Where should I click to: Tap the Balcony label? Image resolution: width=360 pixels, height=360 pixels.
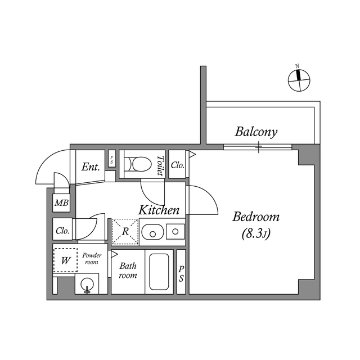pos(256,132)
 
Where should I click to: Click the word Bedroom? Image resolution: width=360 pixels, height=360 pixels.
pos(256,217)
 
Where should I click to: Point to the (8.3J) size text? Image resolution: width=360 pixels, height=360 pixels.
pos(256,233)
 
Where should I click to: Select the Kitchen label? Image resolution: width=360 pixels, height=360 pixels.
pos(159,210)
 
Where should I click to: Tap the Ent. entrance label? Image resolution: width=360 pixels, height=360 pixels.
pos(90,167)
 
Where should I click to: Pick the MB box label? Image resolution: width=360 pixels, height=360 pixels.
pos(61,203)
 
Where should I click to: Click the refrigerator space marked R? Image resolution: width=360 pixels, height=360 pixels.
pos(125,231)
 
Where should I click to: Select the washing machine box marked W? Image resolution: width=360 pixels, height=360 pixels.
pos(65,260)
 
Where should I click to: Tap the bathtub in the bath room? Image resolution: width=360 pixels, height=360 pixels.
pos(160,272)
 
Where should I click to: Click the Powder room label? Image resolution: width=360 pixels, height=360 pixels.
pos(91,259)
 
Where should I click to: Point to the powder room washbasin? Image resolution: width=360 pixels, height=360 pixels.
pos(87,285)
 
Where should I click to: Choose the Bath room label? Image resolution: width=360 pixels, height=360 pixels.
pos(128,271)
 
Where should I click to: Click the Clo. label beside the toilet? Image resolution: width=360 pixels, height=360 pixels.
pos(178,165)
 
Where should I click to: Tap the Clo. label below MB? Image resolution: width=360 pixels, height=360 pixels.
pos(62,231)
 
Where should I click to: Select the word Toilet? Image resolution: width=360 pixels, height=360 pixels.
pos(160,166)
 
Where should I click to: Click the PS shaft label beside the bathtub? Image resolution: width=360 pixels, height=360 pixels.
pos(181,274)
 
